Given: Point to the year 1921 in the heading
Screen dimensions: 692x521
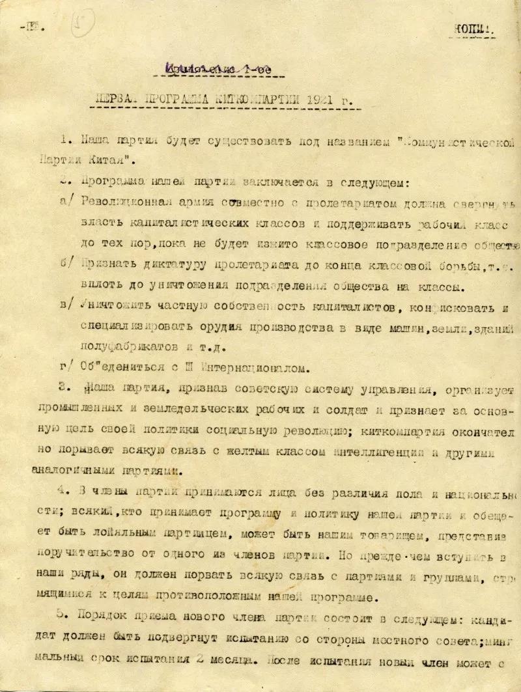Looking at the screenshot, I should tap(329, 102).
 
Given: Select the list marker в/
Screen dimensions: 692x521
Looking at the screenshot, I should tap(66, 306).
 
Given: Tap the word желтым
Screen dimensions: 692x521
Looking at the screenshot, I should tap(258, 453).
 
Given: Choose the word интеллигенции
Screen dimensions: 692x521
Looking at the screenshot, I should tap(369, 453).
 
